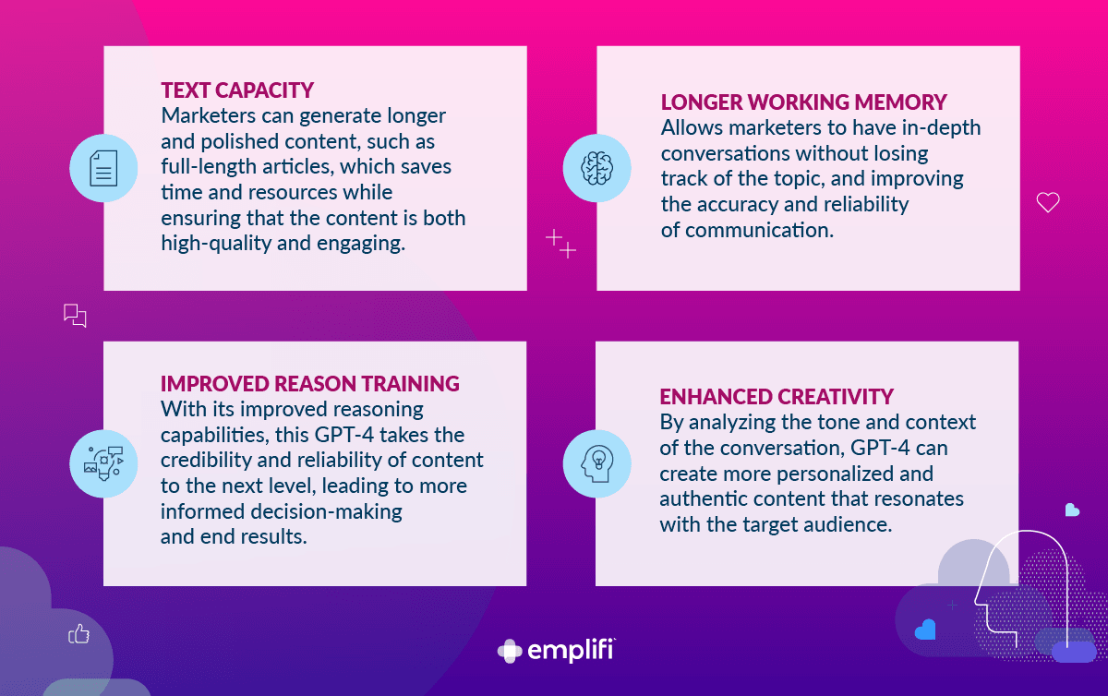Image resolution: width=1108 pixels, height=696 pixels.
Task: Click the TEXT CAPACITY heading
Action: (x=237, y=90)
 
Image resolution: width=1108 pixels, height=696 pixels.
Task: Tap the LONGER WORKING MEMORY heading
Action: (x=804, y=102)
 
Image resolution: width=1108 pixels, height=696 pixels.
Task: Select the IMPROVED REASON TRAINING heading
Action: (x=310, y=384)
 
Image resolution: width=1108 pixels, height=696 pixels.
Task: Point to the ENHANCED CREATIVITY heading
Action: (x=777, y=397)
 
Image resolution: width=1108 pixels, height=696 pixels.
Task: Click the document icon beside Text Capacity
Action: (x=103, y=168)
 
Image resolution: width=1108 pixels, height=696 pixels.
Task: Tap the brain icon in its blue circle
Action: (x=597, y=168)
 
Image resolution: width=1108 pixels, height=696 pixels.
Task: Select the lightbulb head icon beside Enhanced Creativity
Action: (x=597, y=464)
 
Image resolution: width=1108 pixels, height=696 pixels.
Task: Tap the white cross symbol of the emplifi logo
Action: (x=510, y=651)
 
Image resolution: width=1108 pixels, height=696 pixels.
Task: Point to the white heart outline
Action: (x=1048, y=202)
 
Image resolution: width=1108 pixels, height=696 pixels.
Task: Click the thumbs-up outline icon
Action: (x=78, y=633)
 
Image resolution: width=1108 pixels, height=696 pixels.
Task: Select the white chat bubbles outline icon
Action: (x=75, y=316)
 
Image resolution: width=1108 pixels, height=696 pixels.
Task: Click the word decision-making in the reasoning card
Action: (x=326, y=511)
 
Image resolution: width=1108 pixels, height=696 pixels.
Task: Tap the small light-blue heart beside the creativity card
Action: (x=1072, y=510)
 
